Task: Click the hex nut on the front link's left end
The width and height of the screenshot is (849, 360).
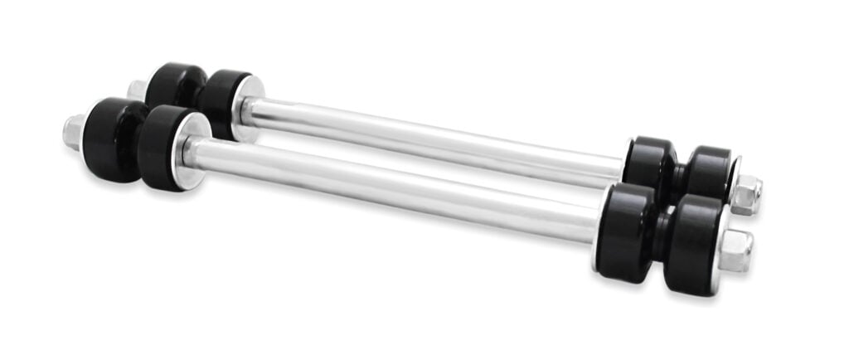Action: coord(74,132)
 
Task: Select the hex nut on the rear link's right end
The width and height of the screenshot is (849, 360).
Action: coord(746,195)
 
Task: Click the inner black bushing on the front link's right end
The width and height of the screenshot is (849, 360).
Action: coord(626,221)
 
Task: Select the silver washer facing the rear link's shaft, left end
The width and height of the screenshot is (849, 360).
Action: coord(247,108)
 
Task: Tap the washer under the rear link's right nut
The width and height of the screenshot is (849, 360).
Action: coord(734,184)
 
